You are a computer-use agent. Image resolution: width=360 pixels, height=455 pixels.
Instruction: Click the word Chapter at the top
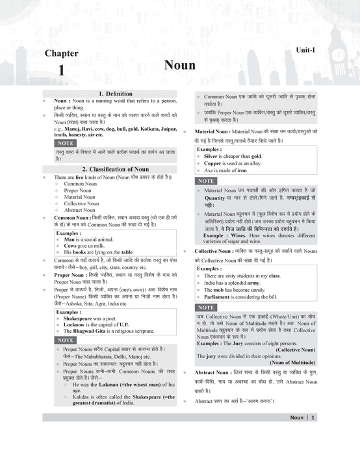tap(61, 54)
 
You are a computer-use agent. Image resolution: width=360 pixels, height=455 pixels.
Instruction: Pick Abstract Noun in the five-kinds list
tap(79, 210)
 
